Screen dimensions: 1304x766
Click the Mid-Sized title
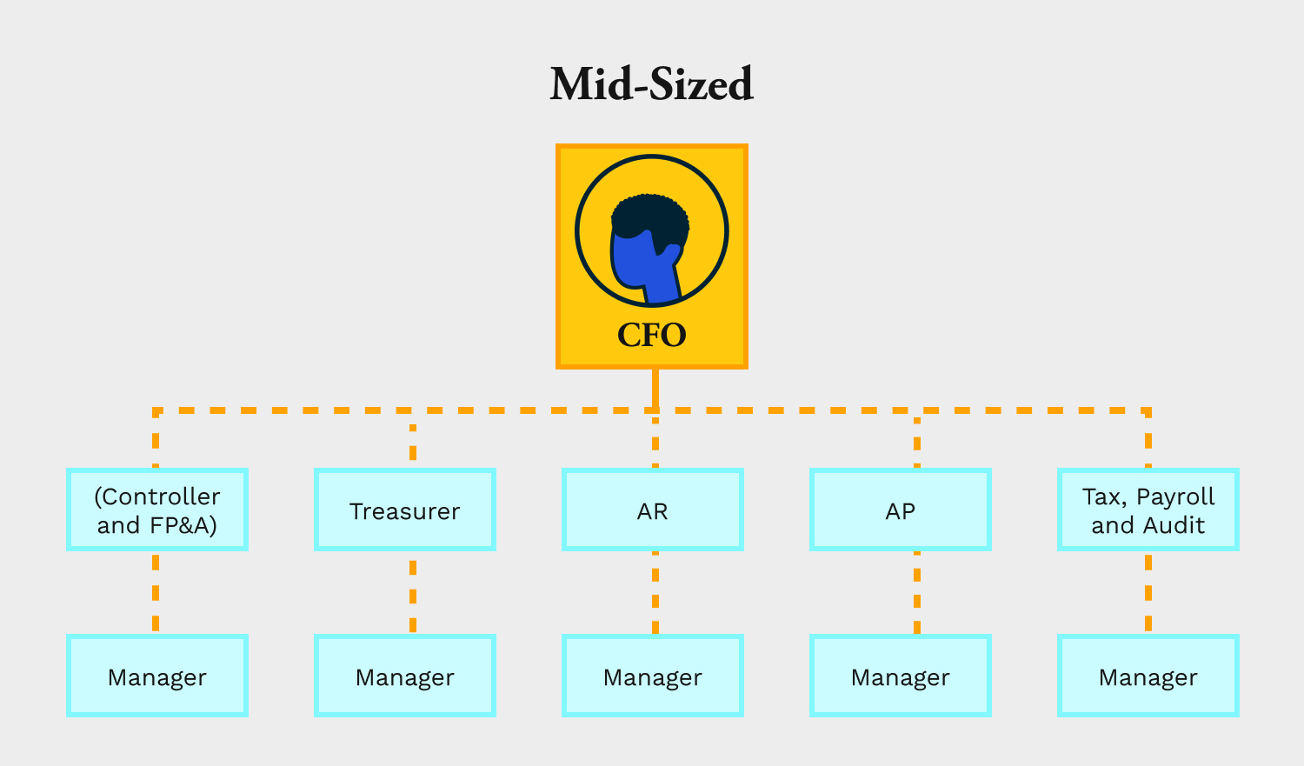tap(651, 83)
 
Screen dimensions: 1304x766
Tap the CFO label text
tap(651, 335)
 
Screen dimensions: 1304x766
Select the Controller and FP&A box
tap(157, 510)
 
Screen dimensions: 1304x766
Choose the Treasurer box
tap(404, 510)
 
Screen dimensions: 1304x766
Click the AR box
tap(653, 510)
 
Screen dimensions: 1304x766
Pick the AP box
tap(900, 510)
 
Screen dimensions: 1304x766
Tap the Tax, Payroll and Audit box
tap(1148, 510)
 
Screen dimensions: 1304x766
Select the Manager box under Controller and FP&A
tap(157, 676)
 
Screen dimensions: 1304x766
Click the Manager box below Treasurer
tap(404, 676)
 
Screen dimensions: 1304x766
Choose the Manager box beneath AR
tap(653, 676)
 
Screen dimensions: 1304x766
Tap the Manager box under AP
tap(900, 676)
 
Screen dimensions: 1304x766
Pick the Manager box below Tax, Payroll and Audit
tap(1148, 676)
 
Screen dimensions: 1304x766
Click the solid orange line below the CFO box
tap(655, 389)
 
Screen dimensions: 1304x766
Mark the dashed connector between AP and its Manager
tap(917, 593)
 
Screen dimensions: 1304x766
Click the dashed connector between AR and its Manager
tap(655, 593)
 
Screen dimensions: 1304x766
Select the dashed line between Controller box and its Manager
tap(156, 593)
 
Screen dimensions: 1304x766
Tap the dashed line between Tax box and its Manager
tap(1148, 593)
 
